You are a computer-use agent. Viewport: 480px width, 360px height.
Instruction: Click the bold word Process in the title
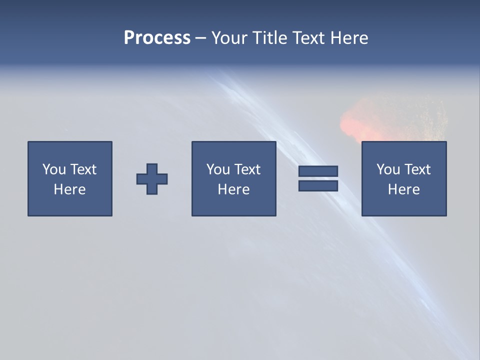(x=157, y=38)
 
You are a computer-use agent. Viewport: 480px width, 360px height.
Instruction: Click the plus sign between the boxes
(x=152, y=179)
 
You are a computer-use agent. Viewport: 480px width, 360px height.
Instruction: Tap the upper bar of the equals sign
(x=318, y=171)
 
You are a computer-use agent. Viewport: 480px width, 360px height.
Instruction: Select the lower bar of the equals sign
(x=318, y=186)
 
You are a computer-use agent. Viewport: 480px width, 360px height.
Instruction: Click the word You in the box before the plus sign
(x=54, y=169)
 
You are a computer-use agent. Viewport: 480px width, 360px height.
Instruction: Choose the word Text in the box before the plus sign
(x=82, y=169)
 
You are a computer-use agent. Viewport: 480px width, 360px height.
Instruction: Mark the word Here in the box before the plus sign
(x=69, y=189)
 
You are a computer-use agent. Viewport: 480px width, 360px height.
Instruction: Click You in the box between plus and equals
(x=218, y=169)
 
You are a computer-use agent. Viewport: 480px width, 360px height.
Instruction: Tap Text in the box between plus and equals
(x=246, y=169)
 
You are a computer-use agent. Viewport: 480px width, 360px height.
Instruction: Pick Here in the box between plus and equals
(x=233, y=189)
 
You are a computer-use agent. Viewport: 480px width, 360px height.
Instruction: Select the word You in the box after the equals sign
(x=388, y=169)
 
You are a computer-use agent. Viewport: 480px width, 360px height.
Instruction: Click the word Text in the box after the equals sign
(x=416, y=169)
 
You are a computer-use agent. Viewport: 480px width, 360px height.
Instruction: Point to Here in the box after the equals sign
(x=403, y=189)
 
